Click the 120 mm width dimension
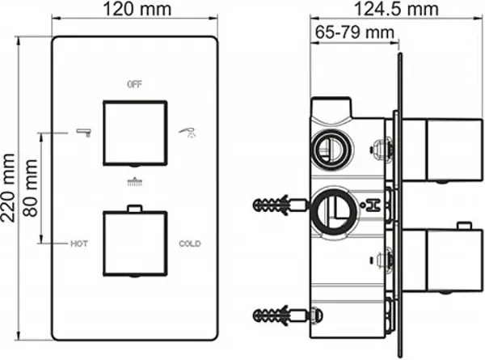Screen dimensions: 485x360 (137, 9)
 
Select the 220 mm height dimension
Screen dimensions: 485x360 (8, 188)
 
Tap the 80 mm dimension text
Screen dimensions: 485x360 (31, 188)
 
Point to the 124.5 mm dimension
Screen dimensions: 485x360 (396, 9)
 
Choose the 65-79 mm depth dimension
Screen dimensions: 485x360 (355, 32)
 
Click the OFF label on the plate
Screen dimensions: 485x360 (134, 84)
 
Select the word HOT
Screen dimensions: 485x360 (79, 244)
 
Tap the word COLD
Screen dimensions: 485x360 (190, 244)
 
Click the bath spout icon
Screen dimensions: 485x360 (84, 132)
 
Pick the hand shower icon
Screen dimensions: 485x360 (188, 133)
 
